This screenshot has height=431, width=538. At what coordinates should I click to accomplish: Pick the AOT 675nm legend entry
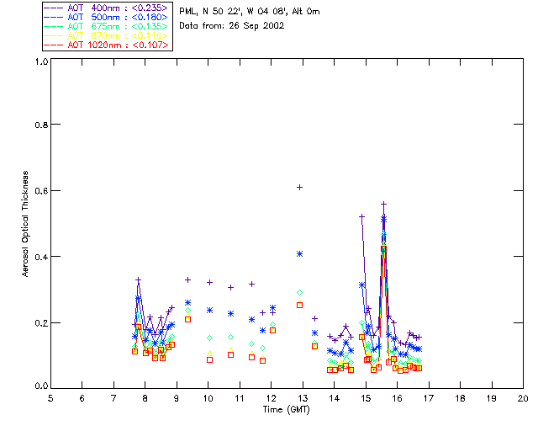[106, 27]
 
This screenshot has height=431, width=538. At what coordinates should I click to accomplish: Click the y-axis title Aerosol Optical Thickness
[26, 224]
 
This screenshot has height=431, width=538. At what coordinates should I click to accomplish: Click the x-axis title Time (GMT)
[286, 409]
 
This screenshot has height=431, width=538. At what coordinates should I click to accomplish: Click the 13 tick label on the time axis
[303, 397]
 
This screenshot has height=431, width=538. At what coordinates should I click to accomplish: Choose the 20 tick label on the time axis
[523, 397]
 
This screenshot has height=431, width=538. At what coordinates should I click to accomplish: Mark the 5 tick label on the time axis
[50, 397]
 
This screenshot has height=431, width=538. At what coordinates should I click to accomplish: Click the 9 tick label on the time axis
[177, 397]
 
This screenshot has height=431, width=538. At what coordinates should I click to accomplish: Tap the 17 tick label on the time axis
[429, 397]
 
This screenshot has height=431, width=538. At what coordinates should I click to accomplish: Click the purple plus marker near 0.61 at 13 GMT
[299, 187]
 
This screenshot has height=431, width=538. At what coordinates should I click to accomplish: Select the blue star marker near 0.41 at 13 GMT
[299, 253]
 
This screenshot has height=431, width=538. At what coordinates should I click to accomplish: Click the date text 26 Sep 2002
[256, 25]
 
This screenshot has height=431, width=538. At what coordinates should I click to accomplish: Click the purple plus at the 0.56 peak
[383, 204]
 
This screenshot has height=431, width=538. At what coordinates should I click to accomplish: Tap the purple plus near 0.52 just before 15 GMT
[362, 216]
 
